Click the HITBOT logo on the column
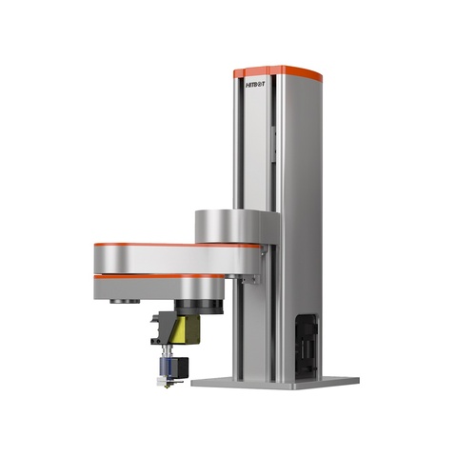pyautogui.click(x=255, y=85)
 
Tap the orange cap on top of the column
pyautogui.click(x=278, y=72)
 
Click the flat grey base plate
pyautogui.click(x=275, y=383)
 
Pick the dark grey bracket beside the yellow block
pyautogui.click(x=163, y=328)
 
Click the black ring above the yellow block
pyautogui.click(x=198, y=308)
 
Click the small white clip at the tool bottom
pyautogui.click(x=161, y=382)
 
